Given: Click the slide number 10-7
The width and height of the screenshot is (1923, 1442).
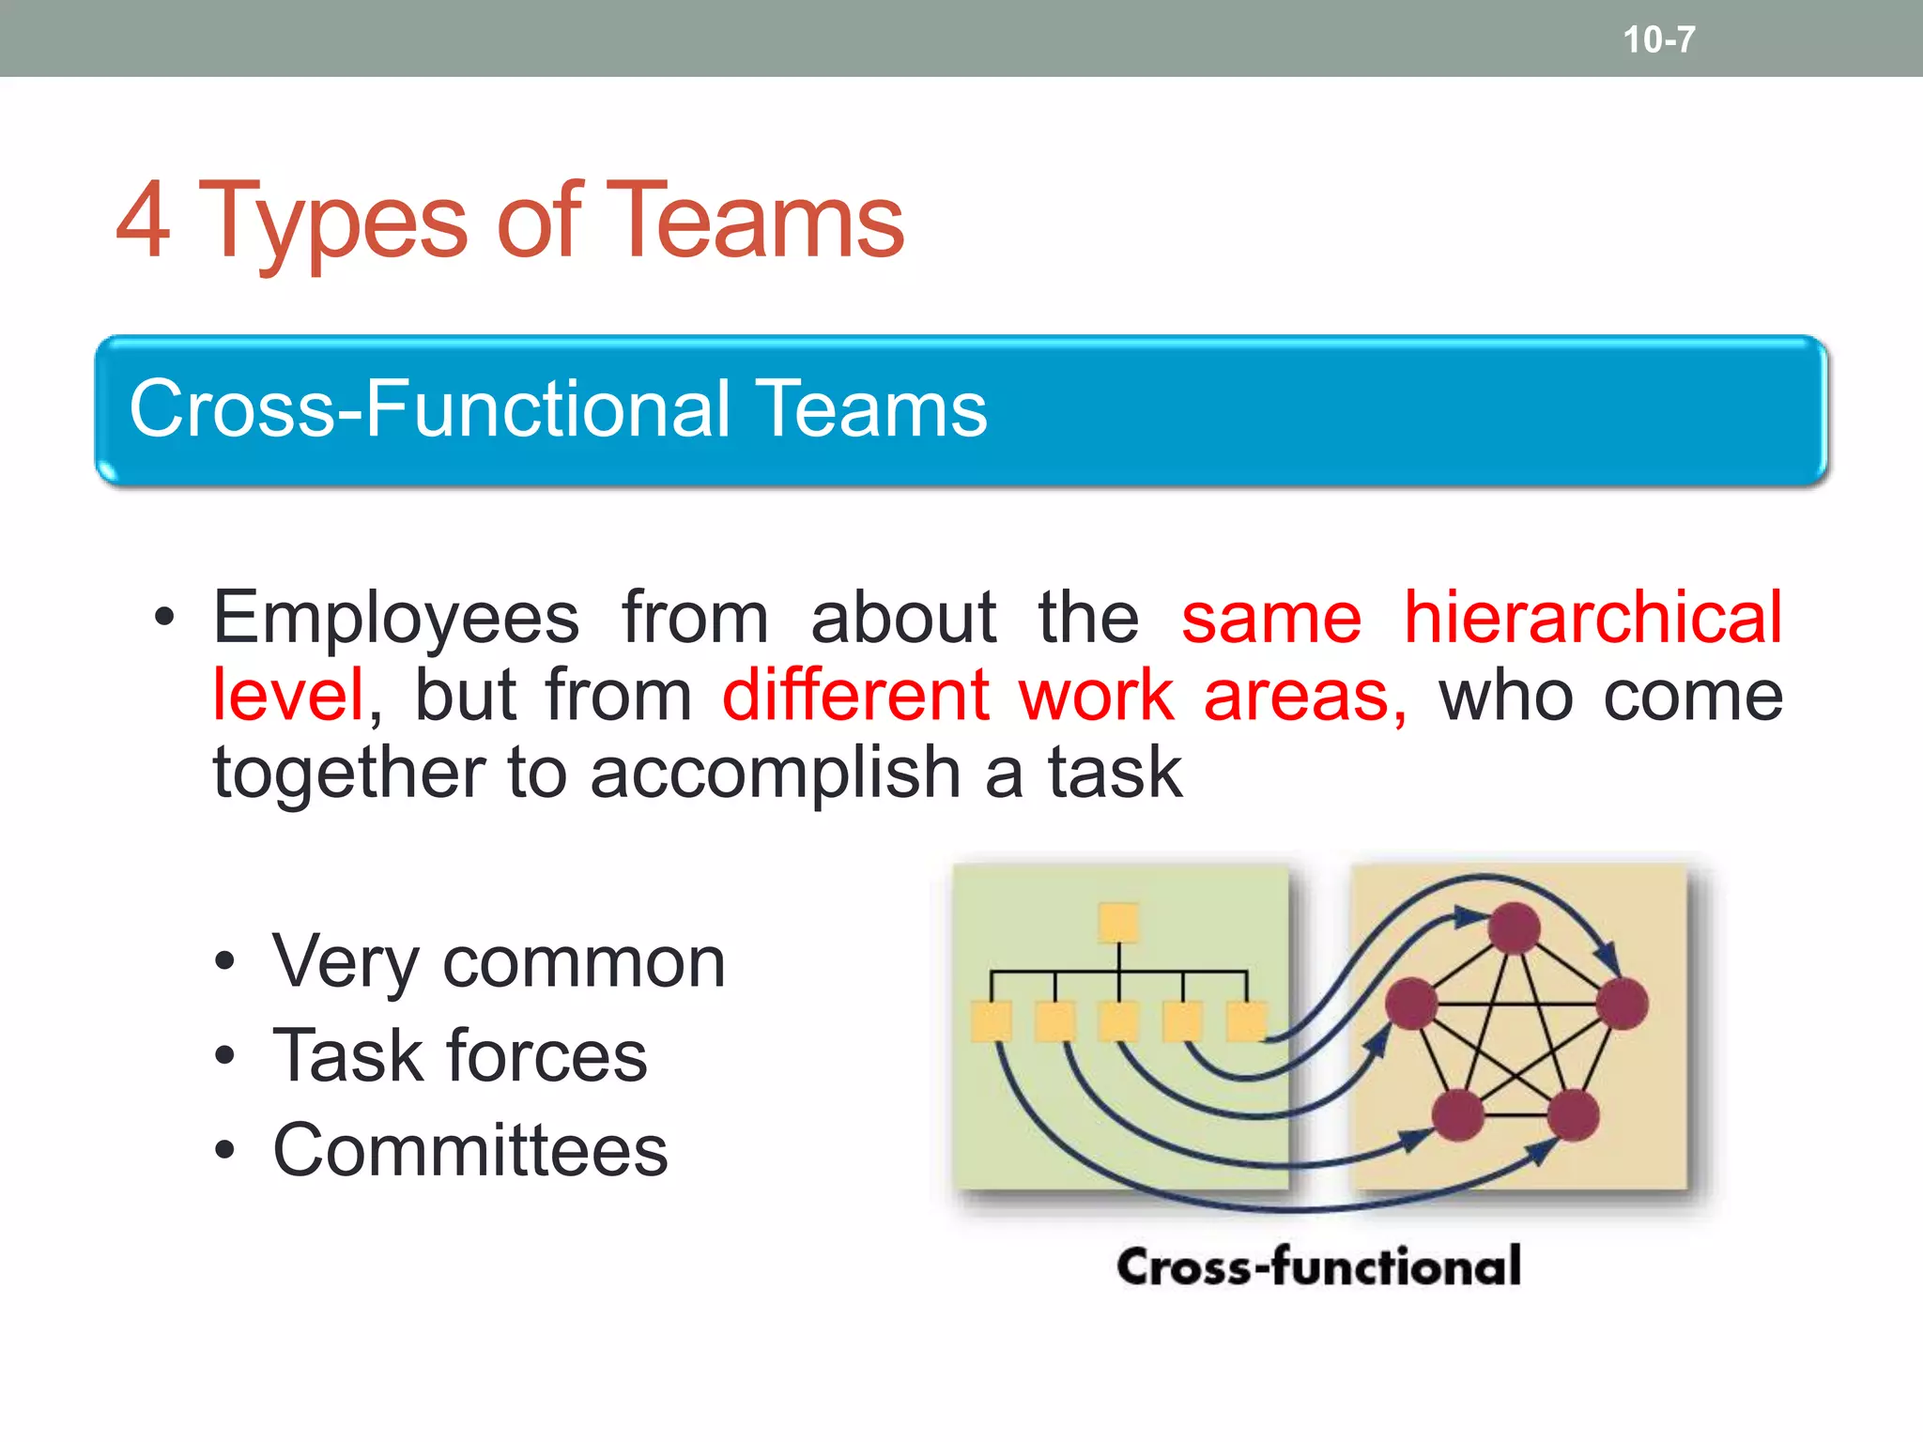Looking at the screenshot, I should tap(1658, 39).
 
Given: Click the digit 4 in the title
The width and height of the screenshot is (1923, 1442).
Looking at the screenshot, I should tap(144, 221).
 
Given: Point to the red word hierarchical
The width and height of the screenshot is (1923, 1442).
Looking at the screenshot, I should tap(1592, 618).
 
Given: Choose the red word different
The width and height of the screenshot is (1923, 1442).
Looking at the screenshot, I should tap(855, 696).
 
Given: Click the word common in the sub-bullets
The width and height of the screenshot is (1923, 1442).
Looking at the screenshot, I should tap(584, 963).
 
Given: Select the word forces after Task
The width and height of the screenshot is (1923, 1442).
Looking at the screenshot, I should tap(553, 1056).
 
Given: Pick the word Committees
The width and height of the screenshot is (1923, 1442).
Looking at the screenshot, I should tap(469, 1150).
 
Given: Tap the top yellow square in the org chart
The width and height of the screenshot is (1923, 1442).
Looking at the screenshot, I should tap(1118, 922).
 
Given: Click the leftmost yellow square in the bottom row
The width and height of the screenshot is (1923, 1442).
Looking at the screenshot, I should tap(992, 1021).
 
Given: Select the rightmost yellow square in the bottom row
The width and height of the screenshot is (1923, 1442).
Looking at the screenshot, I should tap(1247, 1021).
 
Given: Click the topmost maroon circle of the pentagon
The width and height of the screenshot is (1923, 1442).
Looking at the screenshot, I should tap(1515, 928).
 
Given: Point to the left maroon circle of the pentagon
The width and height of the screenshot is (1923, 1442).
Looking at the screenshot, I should tap(1411, 1003).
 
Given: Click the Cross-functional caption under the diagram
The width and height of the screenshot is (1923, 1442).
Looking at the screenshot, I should tap(1318, 1266).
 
